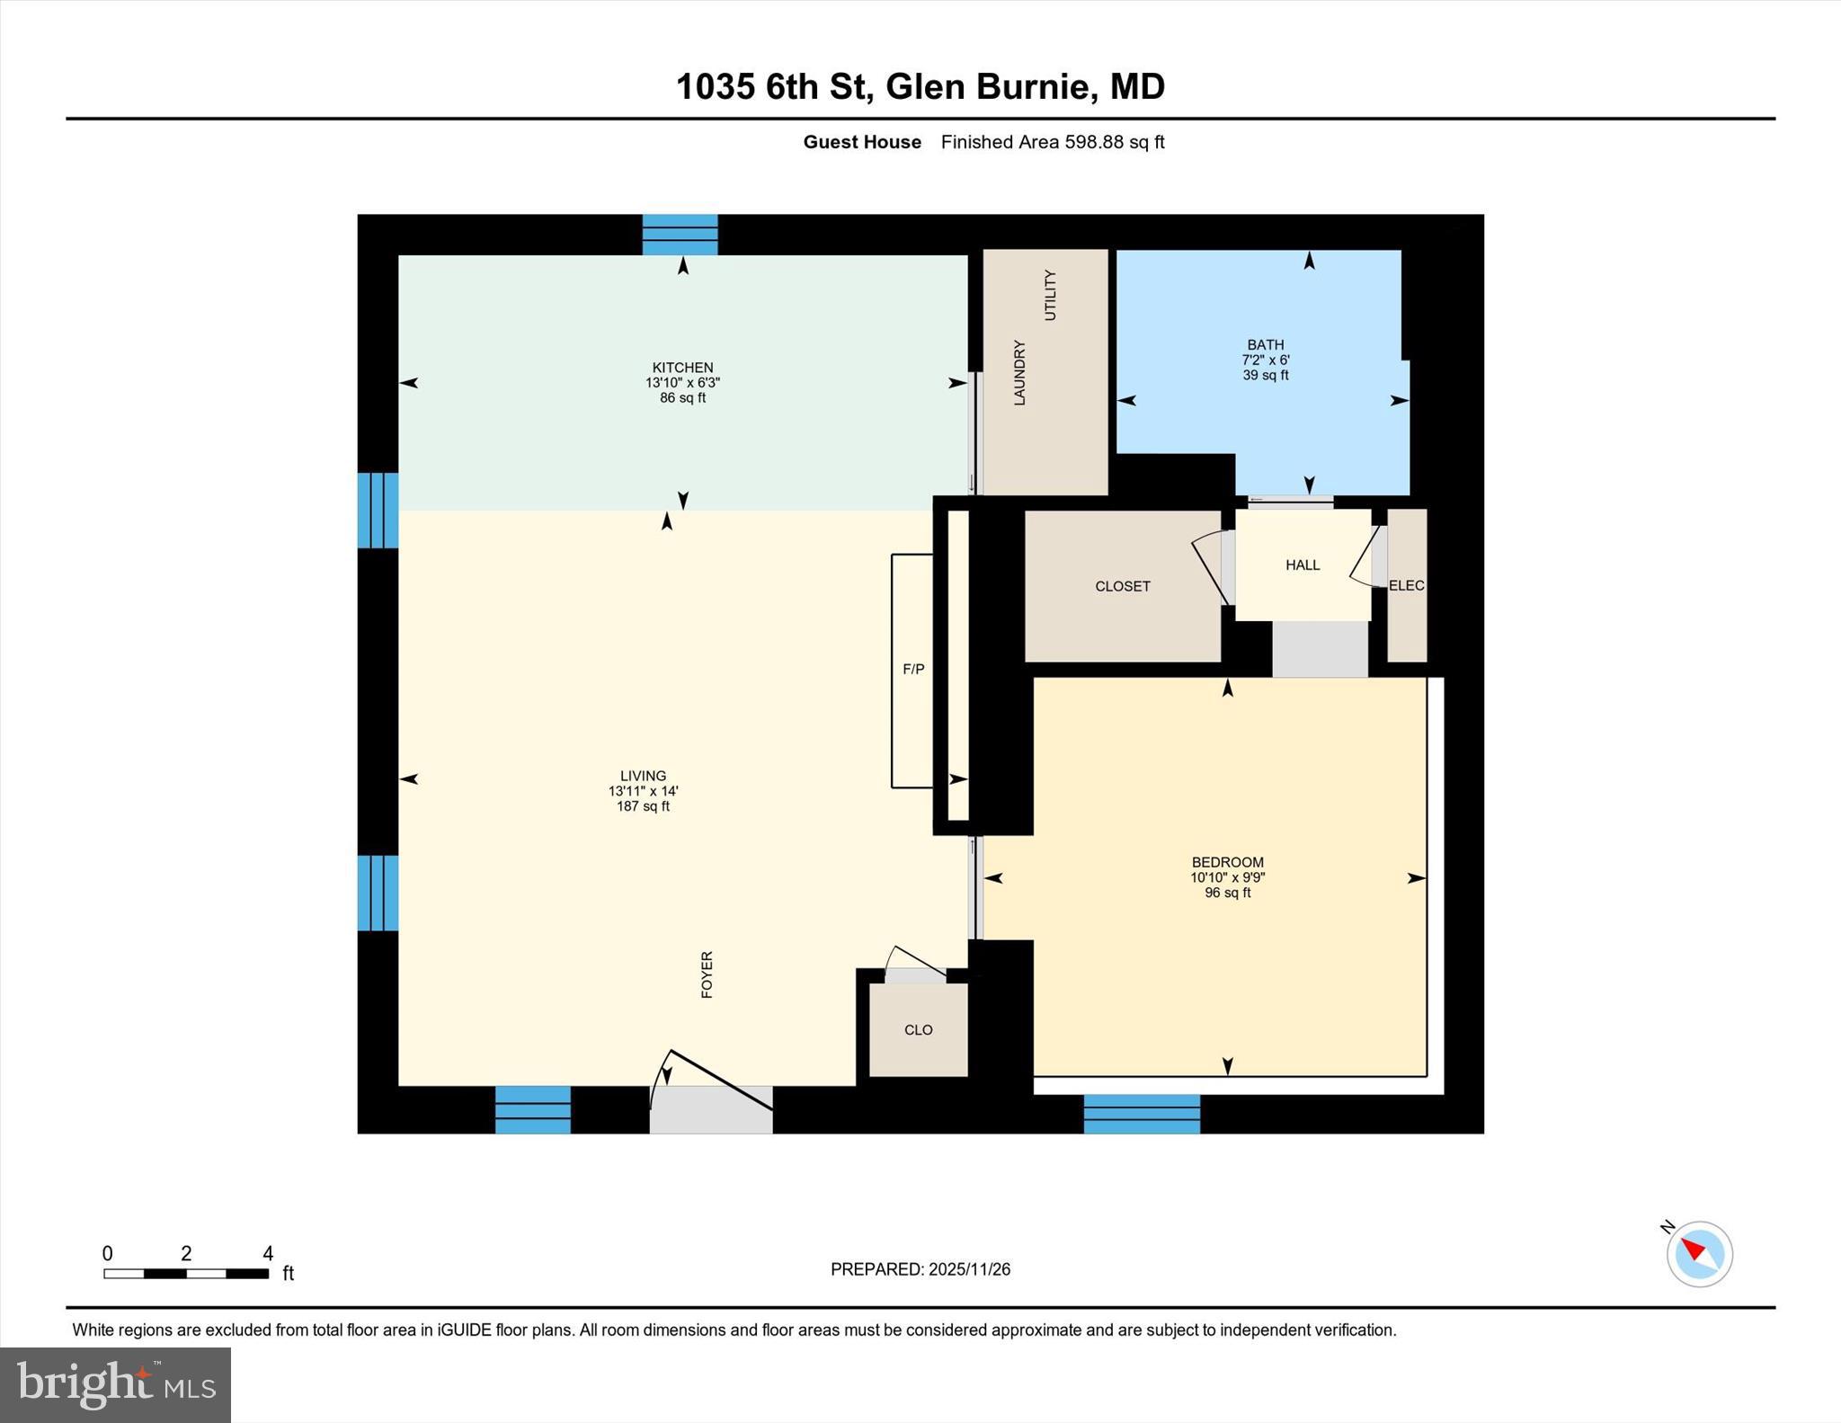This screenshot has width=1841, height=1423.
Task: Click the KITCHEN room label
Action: (682, 368)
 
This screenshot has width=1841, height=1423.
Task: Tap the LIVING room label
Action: (643, 776)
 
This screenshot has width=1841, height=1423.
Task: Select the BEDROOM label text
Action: (1227, 862)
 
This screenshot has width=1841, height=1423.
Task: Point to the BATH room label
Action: (1265, 345)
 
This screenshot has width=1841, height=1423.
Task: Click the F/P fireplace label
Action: (913, 669)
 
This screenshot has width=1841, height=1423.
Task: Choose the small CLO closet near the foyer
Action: (918, 1029)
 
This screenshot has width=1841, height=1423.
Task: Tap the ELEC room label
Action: (1406, 585)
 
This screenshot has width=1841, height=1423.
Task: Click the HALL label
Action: (1303, 565)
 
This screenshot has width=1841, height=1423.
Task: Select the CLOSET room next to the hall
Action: (1122, 586)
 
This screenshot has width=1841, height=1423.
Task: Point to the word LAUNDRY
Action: (1019, 372)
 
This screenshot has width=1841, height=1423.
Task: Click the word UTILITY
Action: (1050, 295)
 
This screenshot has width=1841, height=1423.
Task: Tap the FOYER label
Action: (707, 974)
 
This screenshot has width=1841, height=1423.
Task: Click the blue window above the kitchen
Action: (680, 235)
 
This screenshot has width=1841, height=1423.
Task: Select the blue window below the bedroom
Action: (1142, 1114)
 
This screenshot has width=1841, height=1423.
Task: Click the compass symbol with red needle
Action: (1698, 1253)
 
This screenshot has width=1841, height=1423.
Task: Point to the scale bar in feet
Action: (186, 1272)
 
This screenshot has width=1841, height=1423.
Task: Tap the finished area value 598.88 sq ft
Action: (1114, 142)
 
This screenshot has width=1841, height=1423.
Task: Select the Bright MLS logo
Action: (115, 1383)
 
